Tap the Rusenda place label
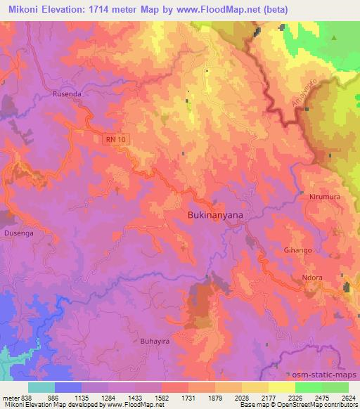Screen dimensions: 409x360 [x=67, y=93]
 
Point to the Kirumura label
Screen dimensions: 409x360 [x=324, y=197]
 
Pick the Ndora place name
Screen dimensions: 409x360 [x=312, y=278]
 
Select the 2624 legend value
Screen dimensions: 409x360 [x=349, y=396]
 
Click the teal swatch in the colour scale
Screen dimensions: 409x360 [x=41, y=387]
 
